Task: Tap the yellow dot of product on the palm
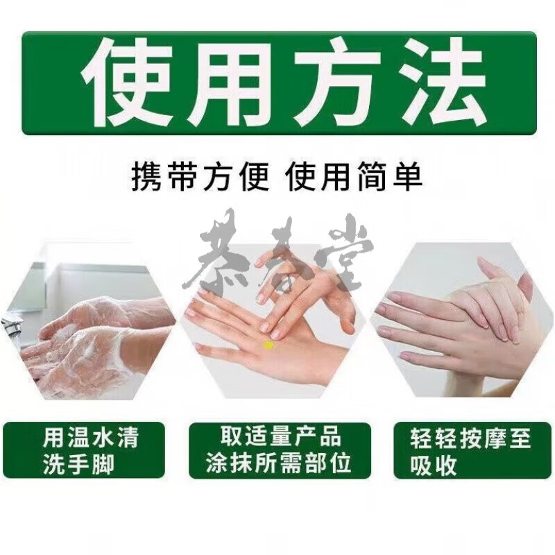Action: [x=268, y=344]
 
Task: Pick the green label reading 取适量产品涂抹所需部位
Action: [x=279, y=450]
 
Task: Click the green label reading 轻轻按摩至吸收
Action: [x=472, y=450]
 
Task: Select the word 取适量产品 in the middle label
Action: [x=280, y=437]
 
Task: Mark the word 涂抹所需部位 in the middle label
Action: [x=279, y=464]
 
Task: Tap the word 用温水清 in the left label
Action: [x=91, y=438]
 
